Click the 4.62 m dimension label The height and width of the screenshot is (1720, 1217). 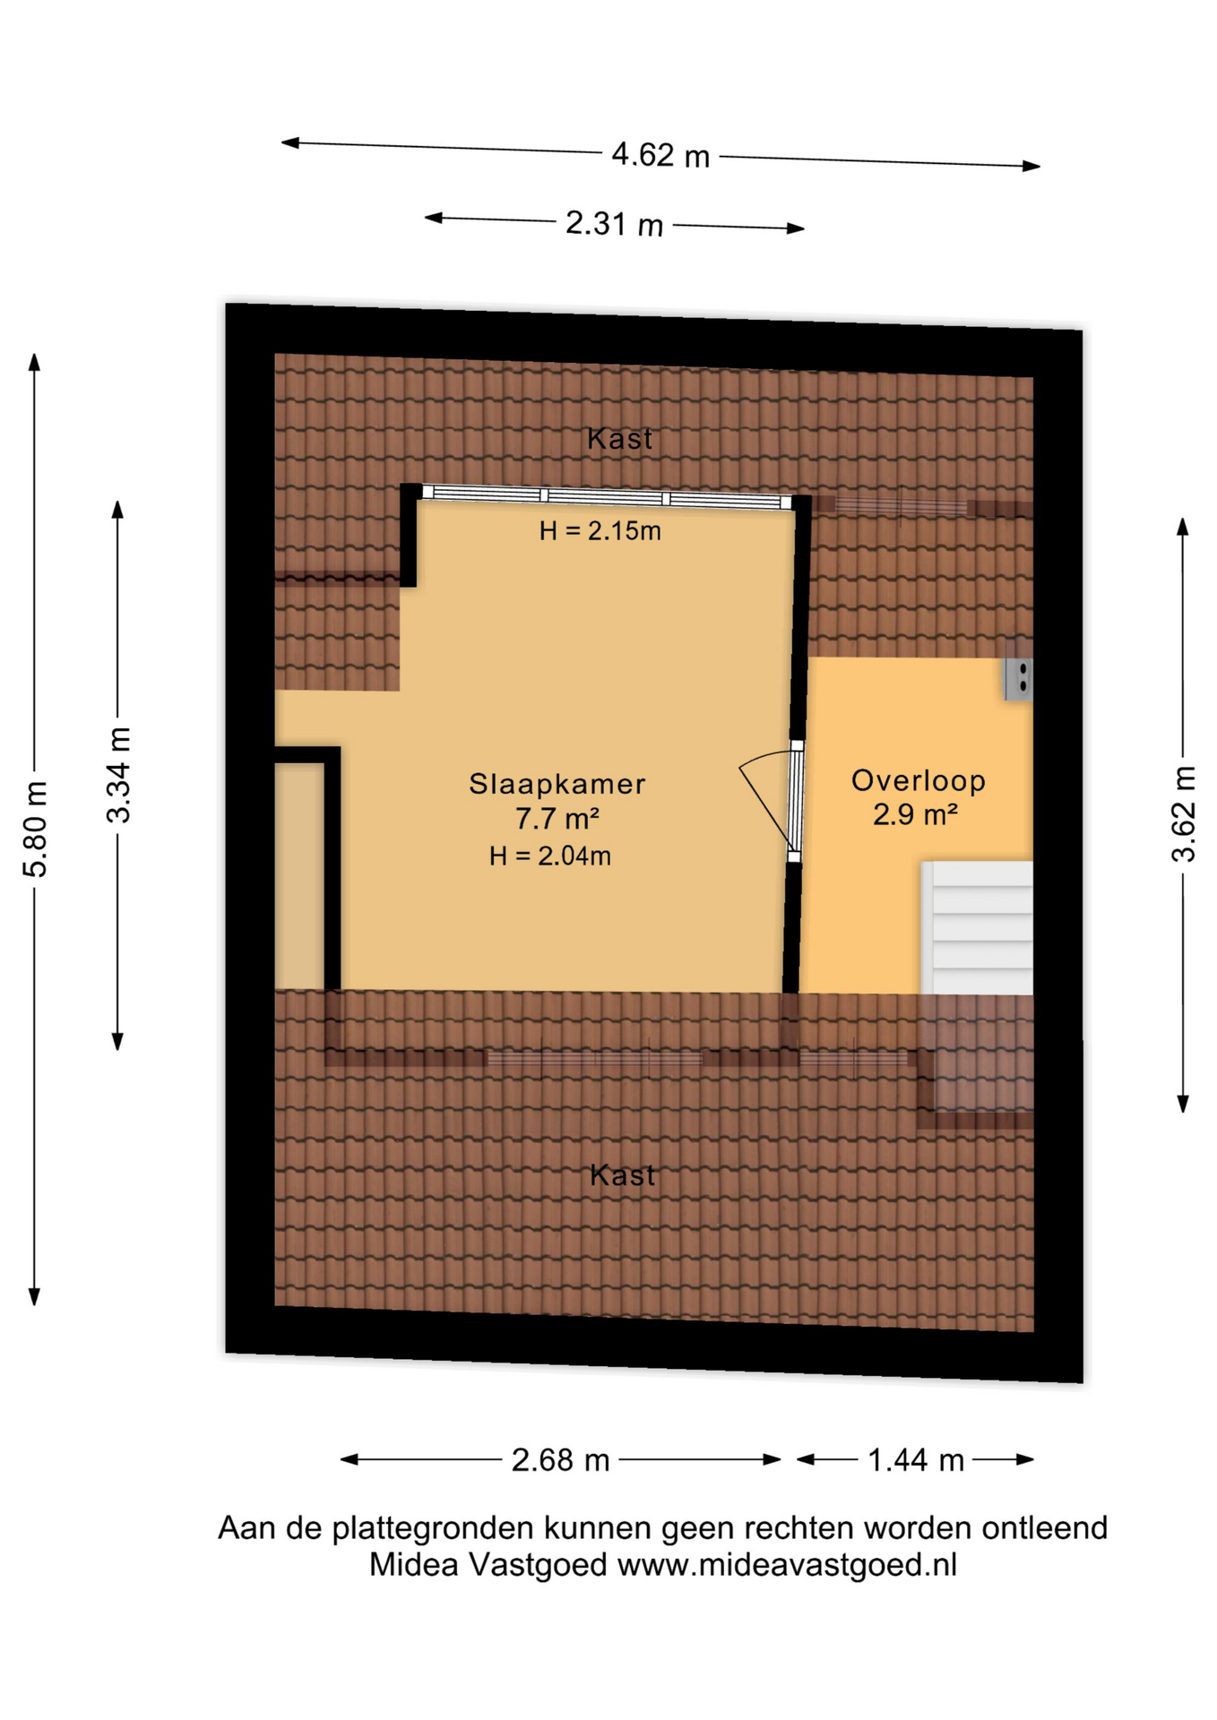pyautogui.click(x=660, y=156)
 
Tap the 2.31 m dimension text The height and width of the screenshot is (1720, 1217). pyautogui.click(x=614, y=224)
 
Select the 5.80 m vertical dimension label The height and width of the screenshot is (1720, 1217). pyautogui.click(x=36, y=829)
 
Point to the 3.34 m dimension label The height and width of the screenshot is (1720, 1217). pyautogui.click(x=118, y=775)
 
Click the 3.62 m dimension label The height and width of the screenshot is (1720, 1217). pyautogui.click(x=1184, y=814)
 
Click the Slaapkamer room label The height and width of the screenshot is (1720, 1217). pyautogui.click(x=557, y=784)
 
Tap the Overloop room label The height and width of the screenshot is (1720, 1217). pyautogui.click(x=919, y=780)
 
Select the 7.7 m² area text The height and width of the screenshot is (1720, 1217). pyautogui.click(x=557, y=818)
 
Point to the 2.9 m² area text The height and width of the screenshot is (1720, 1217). pyautogui.click(x=916, y=814)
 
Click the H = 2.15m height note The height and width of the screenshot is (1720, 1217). pyautogui.click(x=600, y=531)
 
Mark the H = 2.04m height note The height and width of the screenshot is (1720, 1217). pyautogui.click(x=550, y=856)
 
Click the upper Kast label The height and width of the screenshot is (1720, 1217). pyautogui.click(x=620, y=439)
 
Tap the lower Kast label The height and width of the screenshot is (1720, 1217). pyautogui.click(x=623, y=1174)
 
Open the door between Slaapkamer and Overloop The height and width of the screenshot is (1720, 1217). pyautogui.click(x=794, y=801)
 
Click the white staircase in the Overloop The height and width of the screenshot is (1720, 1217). pyautogui.click(x=977, y=928)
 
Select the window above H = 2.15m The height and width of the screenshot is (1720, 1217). pyautogui.click(x=607, y=497)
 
